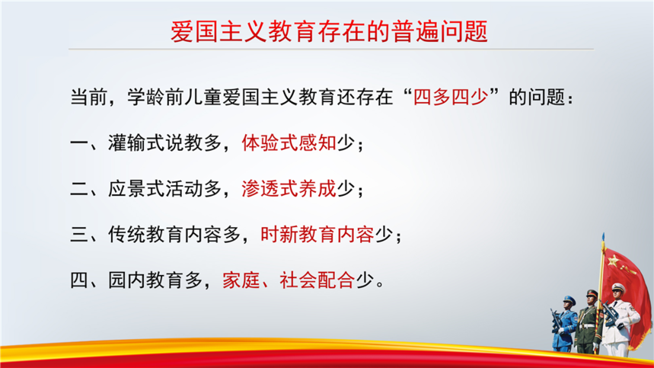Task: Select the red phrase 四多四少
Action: coord(451,98)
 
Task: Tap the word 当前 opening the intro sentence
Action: coord(88,98)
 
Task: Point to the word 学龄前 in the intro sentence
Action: coord(155,98)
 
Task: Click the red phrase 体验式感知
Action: coord(289,142)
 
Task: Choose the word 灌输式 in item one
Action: coord(136,142)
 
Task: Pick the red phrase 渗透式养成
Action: coord(289,189)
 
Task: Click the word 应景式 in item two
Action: coord(136,189)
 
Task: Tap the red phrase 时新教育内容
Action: coord(317,234)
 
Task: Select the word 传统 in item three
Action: coord(127,234)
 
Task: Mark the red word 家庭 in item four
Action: coord(241,280)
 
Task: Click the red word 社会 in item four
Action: coord(298,280)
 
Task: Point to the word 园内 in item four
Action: coord(127,280)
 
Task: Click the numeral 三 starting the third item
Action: coord(79,234)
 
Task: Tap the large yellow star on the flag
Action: coord(613,261)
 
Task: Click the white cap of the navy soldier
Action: coord(617,287)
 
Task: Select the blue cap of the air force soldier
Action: coord(569,299)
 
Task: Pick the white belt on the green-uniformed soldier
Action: coord(588,326)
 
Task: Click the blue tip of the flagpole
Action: coord(603,237)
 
